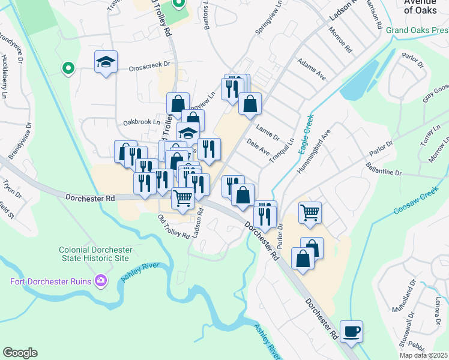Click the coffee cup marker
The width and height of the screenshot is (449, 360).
tap(351, 331)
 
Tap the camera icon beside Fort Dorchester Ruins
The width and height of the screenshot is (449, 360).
tap(101, 280)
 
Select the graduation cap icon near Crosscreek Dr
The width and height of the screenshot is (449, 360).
tap(106, 62)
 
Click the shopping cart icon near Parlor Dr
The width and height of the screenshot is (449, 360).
tap(310, 212)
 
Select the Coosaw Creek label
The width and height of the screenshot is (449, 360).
tap(417, 203)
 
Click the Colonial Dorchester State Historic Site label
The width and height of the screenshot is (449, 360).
tap(94, 254)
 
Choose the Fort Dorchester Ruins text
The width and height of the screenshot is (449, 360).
tap(50, 281)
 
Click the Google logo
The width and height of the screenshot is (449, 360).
tap(20, 353)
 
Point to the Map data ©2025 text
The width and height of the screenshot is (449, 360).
tap(424, 355)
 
